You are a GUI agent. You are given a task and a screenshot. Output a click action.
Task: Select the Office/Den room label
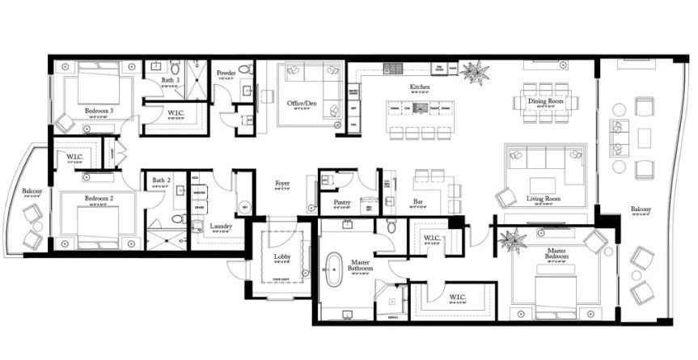click(x=301, y=104)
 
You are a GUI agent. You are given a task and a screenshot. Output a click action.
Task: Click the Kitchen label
click(x=418, y=87)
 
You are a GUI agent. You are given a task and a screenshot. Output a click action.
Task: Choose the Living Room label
click(x=546, y=197)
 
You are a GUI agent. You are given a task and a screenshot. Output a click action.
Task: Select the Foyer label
click(x=282, y=183)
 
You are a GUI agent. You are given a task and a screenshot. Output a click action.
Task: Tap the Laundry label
click(x=221, y=226)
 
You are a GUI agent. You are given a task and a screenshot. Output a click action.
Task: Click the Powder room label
click(x=226, y=74)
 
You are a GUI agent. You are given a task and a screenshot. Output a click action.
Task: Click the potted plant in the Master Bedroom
click(x=511, y=240)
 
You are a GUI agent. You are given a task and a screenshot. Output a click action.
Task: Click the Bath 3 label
click(x=168, y=81)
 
